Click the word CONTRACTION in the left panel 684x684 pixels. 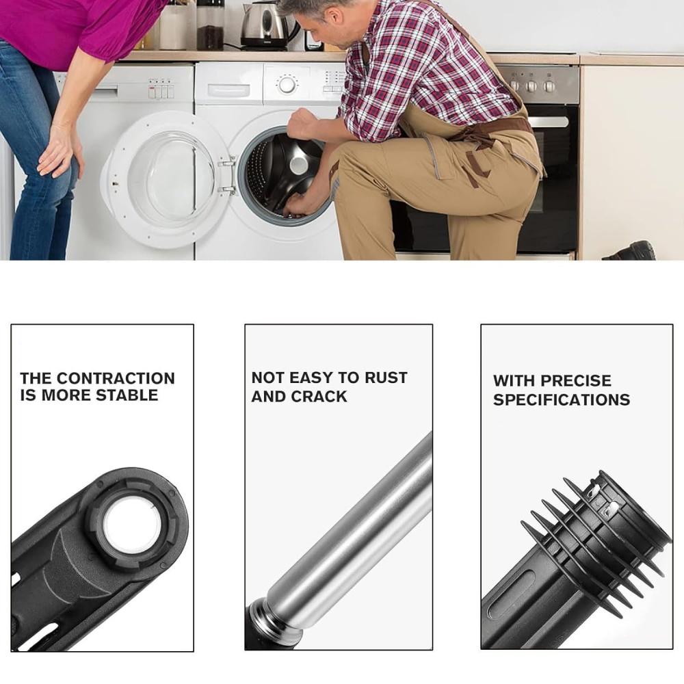(116, 378)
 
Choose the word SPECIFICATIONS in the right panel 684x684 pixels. (562, 399)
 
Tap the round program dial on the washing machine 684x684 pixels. (287, 84)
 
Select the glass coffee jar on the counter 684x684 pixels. (210, 25)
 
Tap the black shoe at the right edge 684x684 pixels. (631, 251)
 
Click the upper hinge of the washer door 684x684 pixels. (227, 163)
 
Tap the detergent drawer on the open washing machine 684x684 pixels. (229, 90)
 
